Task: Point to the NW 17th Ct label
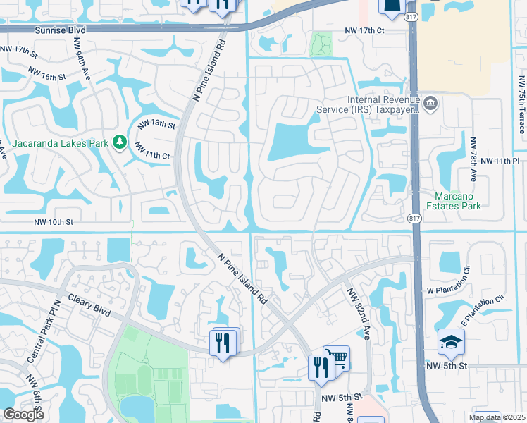pyautogui.click(x=364, y=31)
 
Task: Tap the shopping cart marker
pyautogui.click(x=337, y=357)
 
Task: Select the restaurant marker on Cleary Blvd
pyautogui.click(x=223, y=343)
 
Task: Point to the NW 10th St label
pyautogui.click(x=53, y=222)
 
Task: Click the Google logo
pyautogui.click(x=23, y=415)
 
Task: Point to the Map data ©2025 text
pyautogui.click(x=496, y=417)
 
